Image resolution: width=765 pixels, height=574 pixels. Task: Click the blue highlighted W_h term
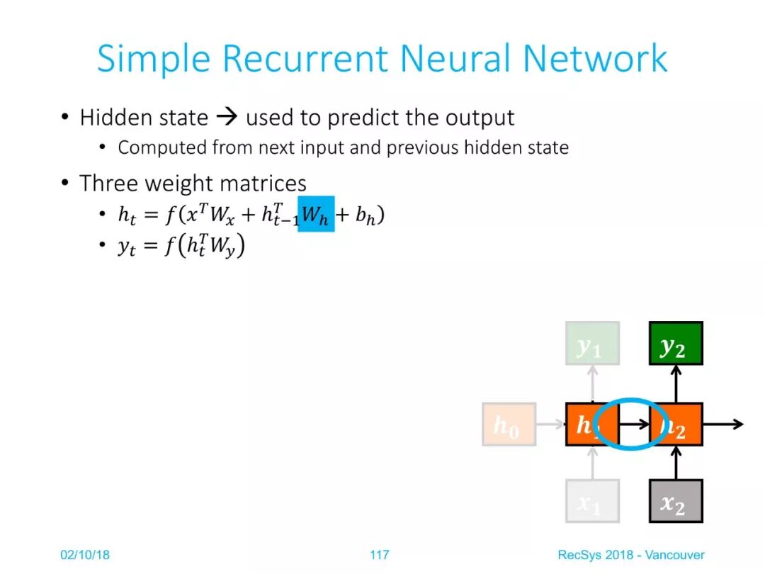coord(316,214)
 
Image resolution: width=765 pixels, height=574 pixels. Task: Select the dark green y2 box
coord(676,344)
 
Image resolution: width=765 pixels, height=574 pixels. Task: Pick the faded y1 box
coord(592,344)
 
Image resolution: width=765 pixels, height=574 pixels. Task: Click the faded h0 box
coord(509,424)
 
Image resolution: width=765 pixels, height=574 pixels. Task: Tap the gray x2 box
coord(676,501)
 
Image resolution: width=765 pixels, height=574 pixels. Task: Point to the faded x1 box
coord(592,501)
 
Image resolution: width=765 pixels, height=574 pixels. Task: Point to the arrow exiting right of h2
coord(723,424)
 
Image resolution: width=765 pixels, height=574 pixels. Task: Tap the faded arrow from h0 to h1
coord(550,424)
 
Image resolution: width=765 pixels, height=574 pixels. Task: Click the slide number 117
coord(380,554)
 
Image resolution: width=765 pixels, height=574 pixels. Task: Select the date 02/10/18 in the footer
coord(85,554)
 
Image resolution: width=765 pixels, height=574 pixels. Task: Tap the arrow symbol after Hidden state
coord(227,118)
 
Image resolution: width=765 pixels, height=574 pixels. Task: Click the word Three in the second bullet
coord(109,184)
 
